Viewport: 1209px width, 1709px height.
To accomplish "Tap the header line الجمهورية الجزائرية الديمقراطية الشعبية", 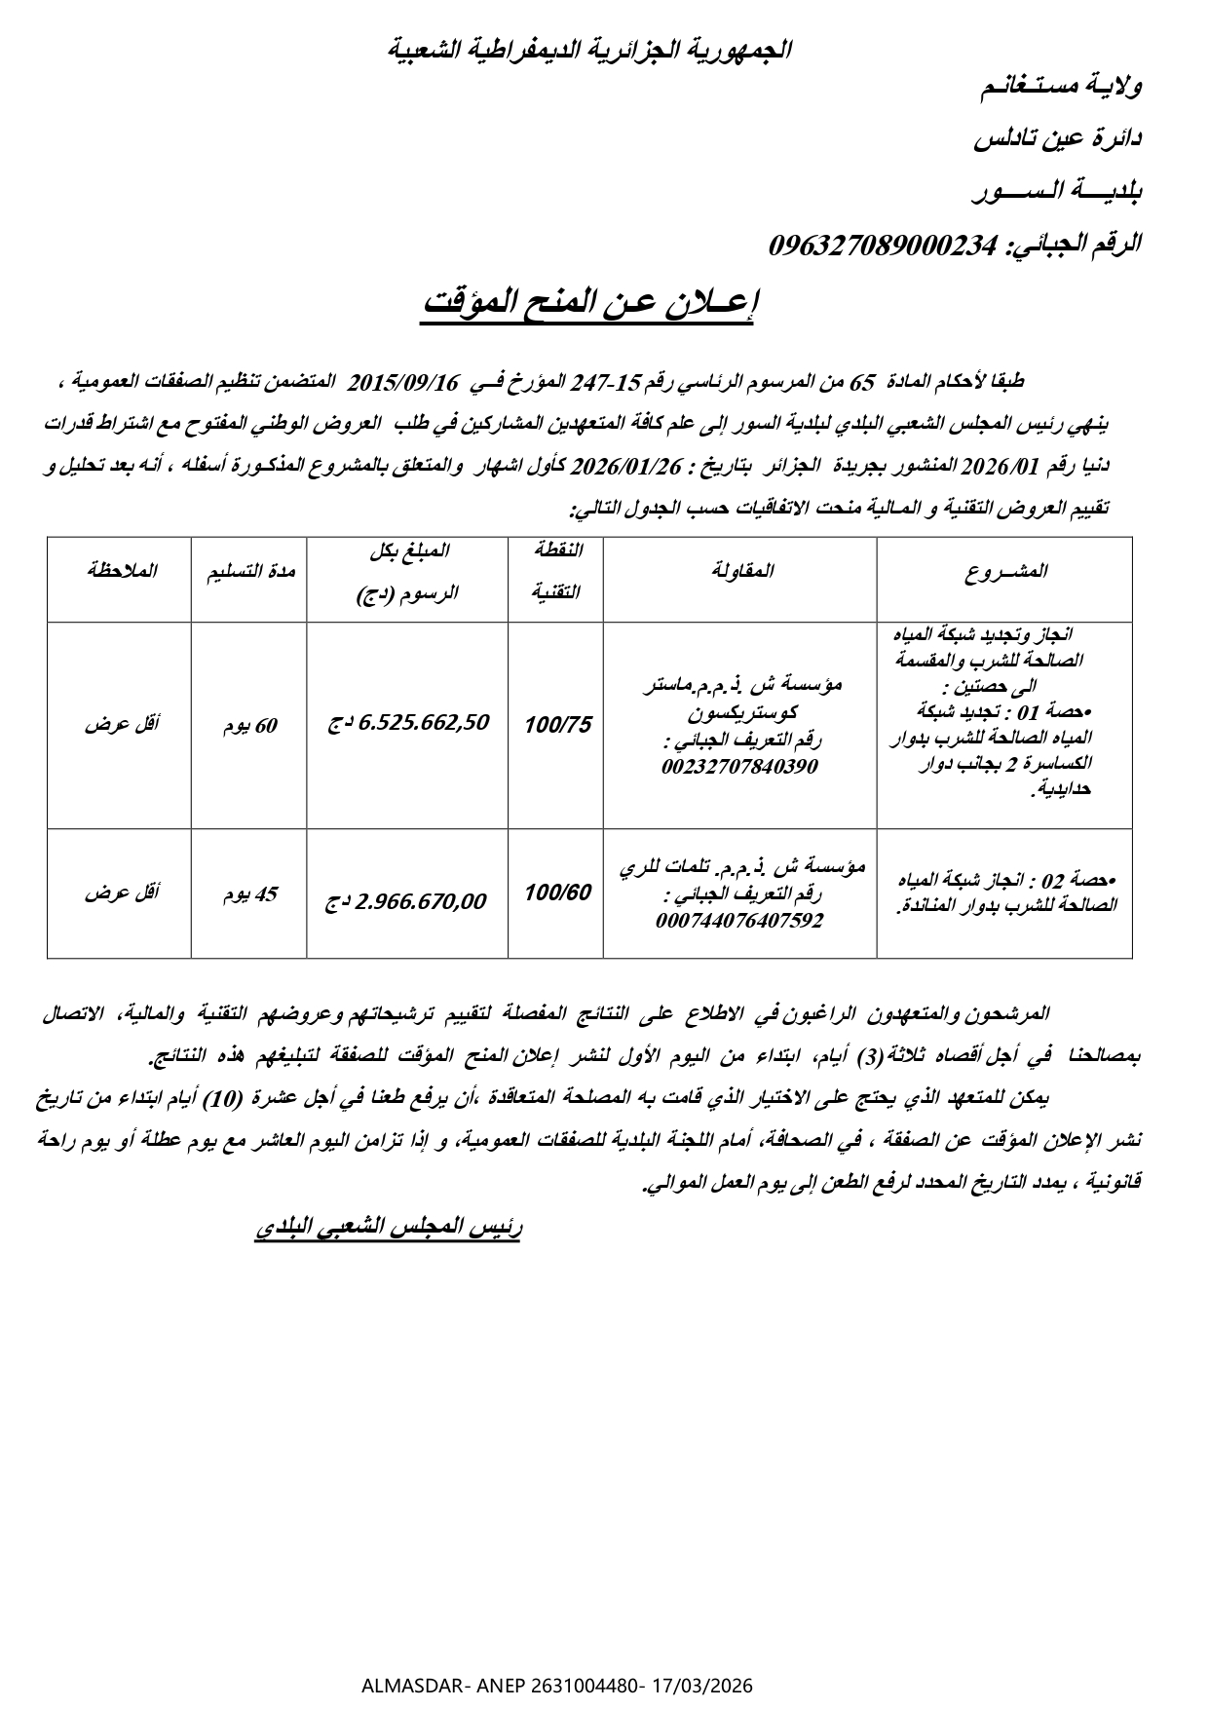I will click(590, 49).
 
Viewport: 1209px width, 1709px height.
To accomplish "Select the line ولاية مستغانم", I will click(1061, 86).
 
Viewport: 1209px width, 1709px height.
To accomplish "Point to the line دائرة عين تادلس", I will click(1058, 138).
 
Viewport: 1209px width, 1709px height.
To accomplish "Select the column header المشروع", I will click(1005, 572).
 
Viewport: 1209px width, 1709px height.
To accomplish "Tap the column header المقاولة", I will click(739, 572).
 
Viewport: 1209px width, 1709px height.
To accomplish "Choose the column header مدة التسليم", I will click(249, 572).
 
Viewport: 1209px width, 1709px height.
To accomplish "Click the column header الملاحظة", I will click(120, 572).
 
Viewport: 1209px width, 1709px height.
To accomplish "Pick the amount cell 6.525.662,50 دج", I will click(408, 724).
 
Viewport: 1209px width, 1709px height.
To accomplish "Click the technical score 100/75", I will click(556, 726).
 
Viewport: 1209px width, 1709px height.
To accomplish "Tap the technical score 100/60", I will click(556, 892).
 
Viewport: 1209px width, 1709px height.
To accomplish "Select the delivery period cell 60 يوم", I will click(249, 726).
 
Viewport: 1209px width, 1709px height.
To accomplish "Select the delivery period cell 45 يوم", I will click(249, 893).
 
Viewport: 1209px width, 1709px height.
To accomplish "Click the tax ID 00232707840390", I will click(739, 767).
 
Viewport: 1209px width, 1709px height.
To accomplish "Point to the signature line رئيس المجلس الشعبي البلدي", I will click(389, 1228).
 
